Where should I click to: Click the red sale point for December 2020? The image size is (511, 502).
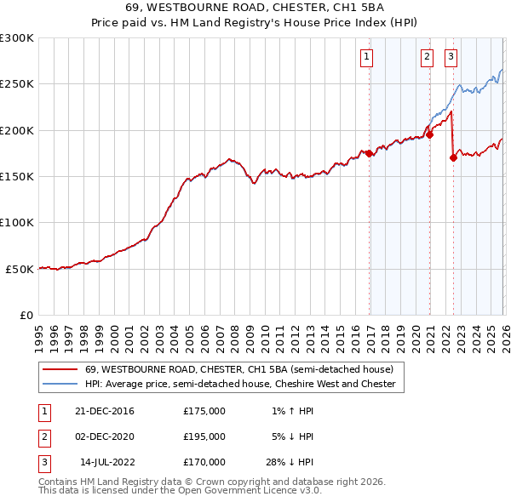point(430,134)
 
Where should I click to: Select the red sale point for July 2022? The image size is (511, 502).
point(454,157)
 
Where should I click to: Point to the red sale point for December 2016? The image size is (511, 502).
point(370,153)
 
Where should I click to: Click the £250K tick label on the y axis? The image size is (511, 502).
point(17,84)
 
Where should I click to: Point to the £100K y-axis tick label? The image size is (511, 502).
point(17,222)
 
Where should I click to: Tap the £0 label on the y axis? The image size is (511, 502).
point(26,315)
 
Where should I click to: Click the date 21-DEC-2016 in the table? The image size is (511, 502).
point(105,411)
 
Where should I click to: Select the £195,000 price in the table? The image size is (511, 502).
point(204,436)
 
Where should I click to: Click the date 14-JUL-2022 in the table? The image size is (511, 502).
point(105,462)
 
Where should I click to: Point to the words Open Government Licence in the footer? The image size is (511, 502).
point(247,491)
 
